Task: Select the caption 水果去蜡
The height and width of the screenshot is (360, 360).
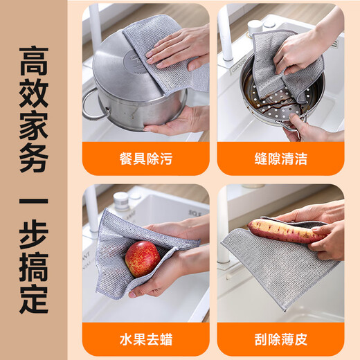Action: (x=145, y=340)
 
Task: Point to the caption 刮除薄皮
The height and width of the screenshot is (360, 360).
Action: (x=280, y=340)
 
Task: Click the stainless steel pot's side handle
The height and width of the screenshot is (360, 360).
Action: (x=92, y=105)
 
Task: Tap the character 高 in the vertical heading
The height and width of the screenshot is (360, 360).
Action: (x=34, y=62)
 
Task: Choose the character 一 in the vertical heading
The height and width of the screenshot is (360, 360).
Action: (x=34, y=204)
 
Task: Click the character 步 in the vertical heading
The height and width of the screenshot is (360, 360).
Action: (x=34, y=235)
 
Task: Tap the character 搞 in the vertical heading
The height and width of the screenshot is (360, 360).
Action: (x=34, y=268)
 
